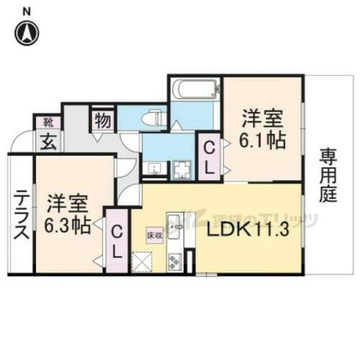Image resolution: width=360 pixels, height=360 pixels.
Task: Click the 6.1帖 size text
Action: (263, 140)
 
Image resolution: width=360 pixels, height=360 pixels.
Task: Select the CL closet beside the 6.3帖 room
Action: (117, 240)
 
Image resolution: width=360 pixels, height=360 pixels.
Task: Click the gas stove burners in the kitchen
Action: (174, 261)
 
